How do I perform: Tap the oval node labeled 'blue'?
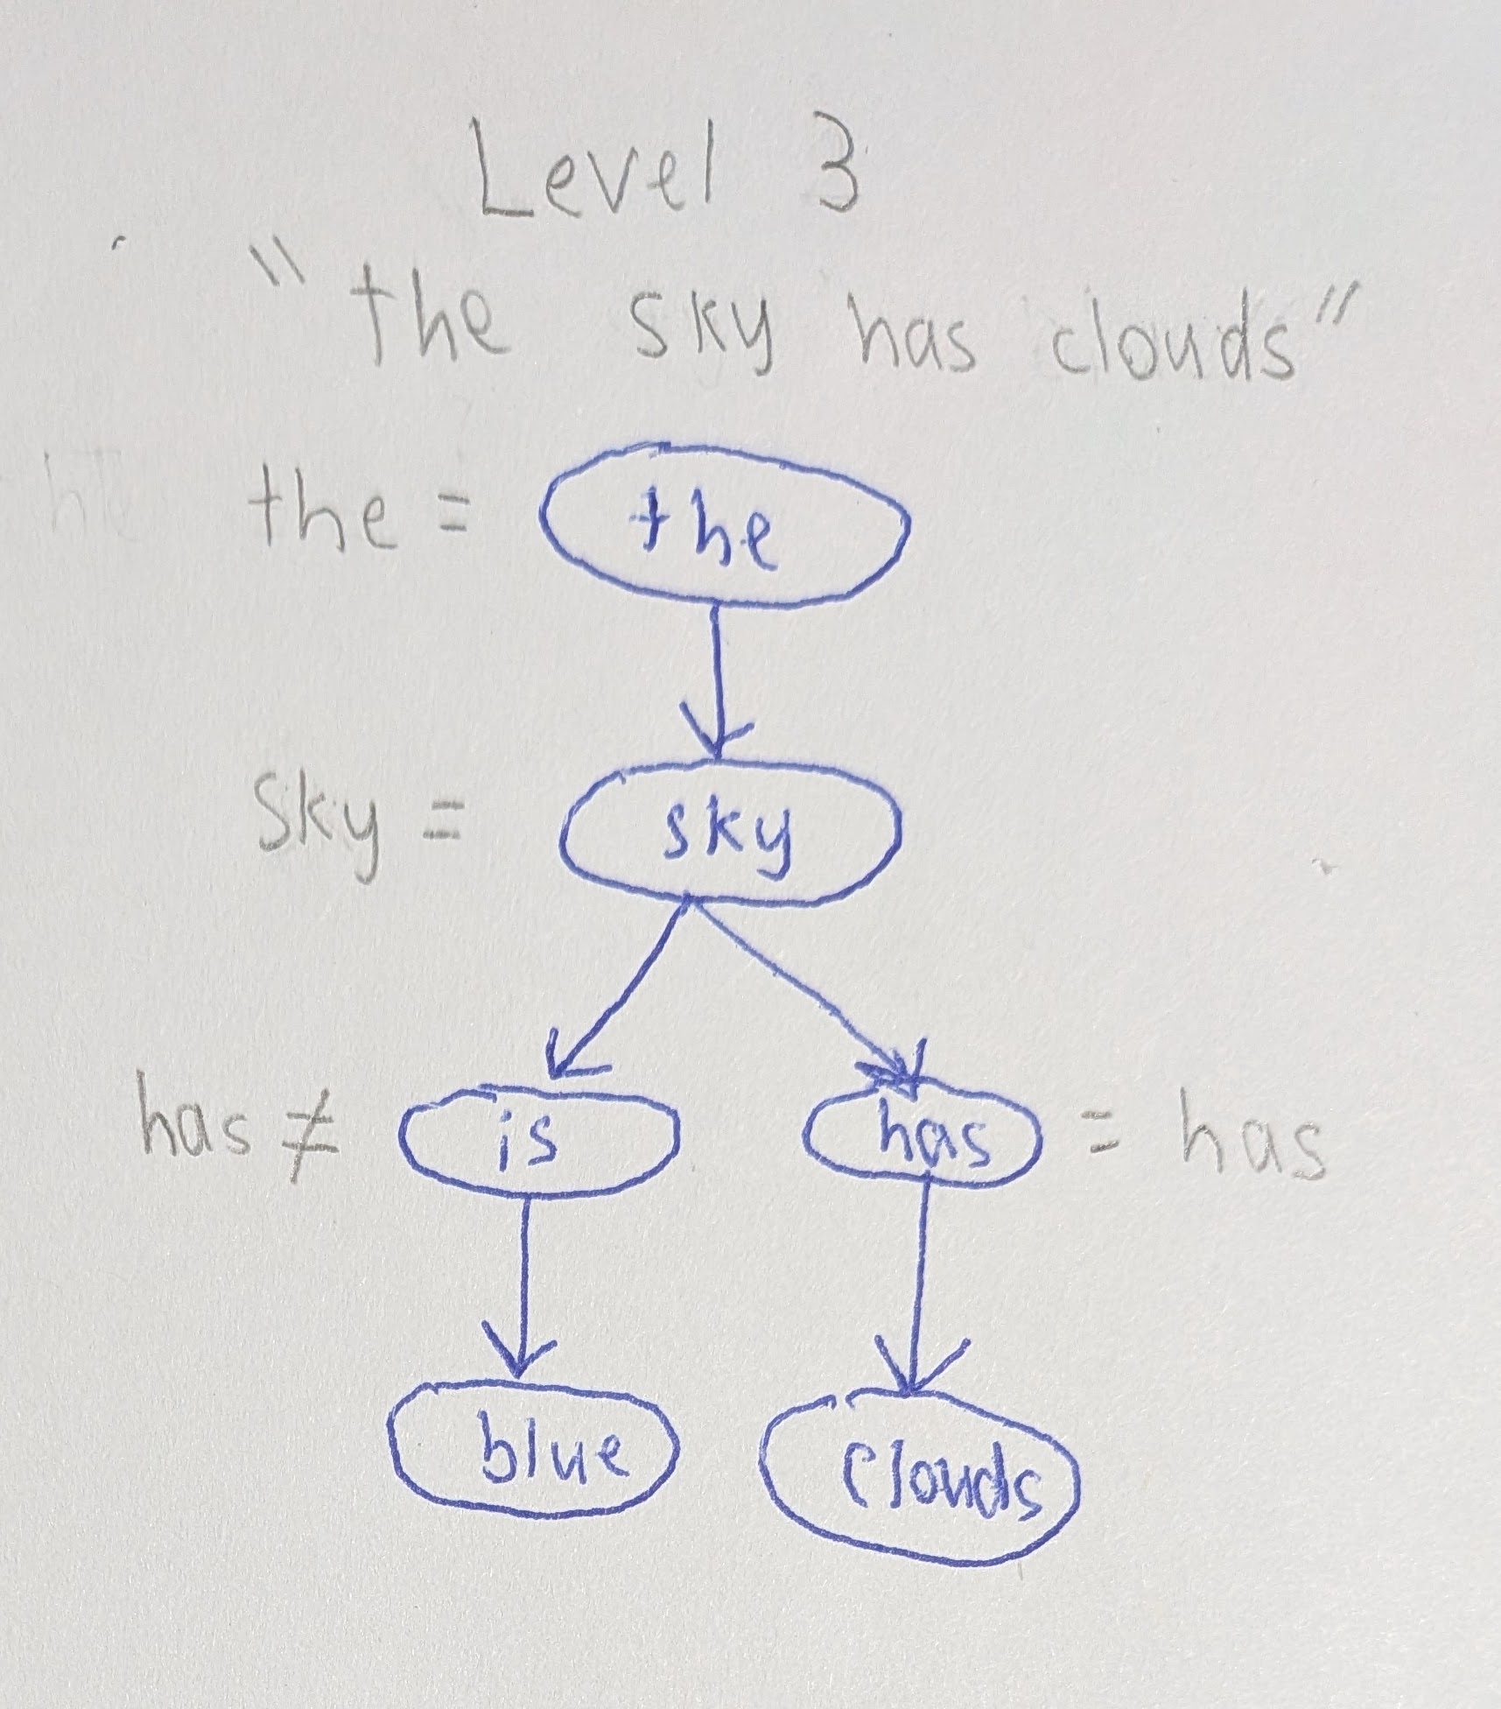536,1454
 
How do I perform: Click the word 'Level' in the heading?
594,176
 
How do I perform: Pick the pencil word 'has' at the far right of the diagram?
1252,1135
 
